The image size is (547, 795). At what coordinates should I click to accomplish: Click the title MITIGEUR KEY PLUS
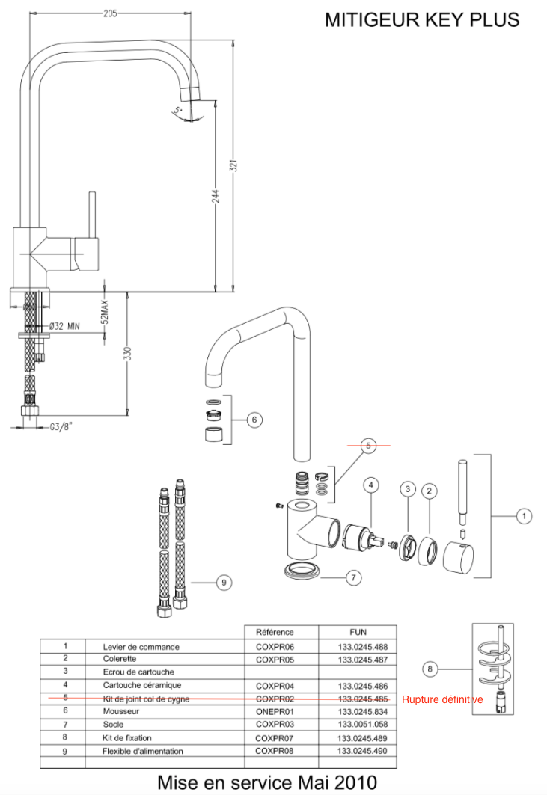click(421, 20)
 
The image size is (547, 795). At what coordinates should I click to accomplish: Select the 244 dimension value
click(216, 196)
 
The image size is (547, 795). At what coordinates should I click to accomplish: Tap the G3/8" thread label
click(60, 428)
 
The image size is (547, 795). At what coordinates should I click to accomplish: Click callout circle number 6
click(254, 420)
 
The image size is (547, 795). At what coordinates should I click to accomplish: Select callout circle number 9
click(222, 581)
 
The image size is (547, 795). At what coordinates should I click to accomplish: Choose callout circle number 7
click(354, 577)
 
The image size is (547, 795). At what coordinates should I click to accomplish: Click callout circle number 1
click(524, 515)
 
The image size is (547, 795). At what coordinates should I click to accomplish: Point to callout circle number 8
click(430, 669)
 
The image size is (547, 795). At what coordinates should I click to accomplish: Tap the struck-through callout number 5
click(368, 445)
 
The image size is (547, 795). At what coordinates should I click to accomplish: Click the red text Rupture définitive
click(442, 700)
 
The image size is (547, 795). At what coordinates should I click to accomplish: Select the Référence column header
click(275, 632)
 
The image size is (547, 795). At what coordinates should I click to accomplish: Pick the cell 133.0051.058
click(362, 725)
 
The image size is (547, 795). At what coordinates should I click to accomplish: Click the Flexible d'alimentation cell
click(142, 750)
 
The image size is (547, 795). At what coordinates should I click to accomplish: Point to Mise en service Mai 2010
click(267, 782)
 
